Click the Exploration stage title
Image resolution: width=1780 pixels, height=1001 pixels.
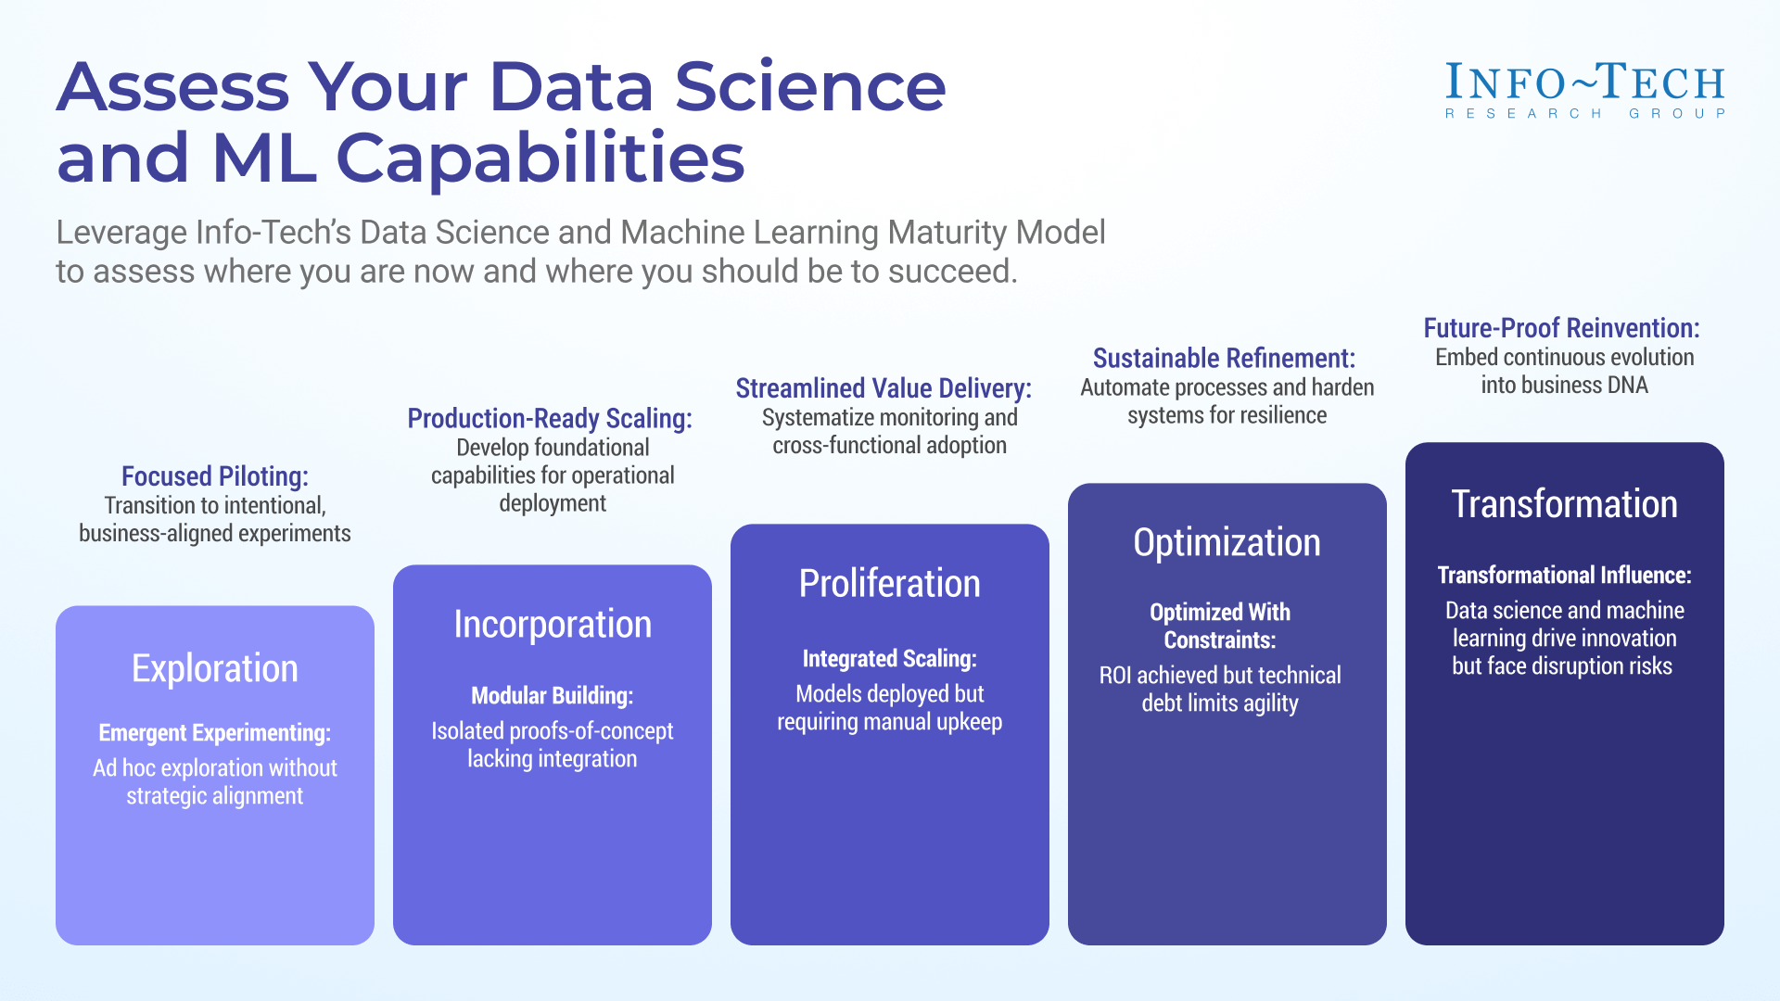tap(215, 668)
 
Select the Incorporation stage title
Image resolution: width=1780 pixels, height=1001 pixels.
tap(553, 624)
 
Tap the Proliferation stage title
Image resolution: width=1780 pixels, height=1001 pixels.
tap(890, 583)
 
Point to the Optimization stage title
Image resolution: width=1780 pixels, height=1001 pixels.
tap(1227, 542)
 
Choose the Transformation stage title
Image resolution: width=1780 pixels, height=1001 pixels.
tap(1564, 503)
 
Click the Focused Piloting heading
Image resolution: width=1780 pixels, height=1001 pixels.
tap(215, 475)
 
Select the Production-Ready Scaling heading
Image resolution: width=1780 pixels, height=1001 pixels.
tap(550, 418)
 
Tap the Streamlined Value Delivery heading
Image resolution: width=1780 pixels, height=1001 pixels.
tap(884, 387)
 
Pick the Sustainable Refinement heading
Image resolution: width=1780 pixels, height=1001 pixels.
tap(1224, 358)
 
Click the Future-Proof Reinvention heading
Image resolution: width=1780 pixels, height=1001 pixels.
tap(1561, 327)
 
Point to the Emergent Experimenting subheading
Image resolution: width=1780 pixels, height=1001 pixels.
tap(215, 732)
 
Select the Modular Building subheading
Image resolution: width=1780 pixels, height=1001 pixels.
tap(553, 695)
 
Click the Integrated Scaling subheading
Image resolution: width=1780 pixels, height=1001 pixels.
tap(890, 658)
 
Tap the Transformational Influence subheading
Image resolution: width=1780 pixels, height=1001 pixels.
tap(1564, 575)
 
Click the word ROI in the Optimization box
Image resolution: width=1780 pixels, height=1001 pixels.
tap(1115, 675)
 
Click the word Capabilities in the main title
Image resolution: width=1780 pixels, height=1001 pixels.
tap(540, 158)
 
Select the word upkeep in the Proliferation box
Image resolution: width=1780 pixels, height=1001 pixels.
tap(969, 721)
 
